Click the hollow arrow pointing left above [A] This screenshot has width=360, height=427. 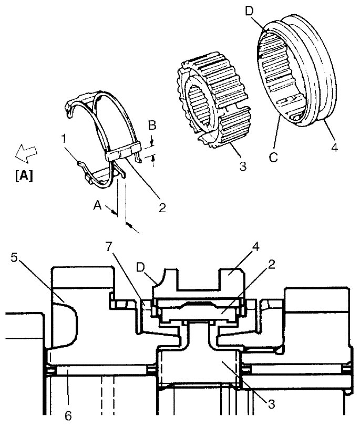(x=26, y=153)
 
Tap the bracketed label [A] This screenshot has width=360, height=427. (x=24, y=176)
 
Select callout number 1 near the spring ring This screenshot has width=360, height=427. (x=64, y=139)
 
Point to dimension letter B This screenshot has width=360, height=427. (x=152, y=126)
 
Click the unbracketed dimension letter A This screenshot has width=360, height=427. (x=97, y=205)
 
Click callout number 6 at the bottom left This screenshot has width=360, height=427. (x=68, y=416)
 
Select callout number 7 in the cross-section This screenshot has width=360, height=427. (x=109, y=247)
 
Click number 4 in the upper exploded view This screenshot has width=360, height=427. (x=334, y=148)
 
